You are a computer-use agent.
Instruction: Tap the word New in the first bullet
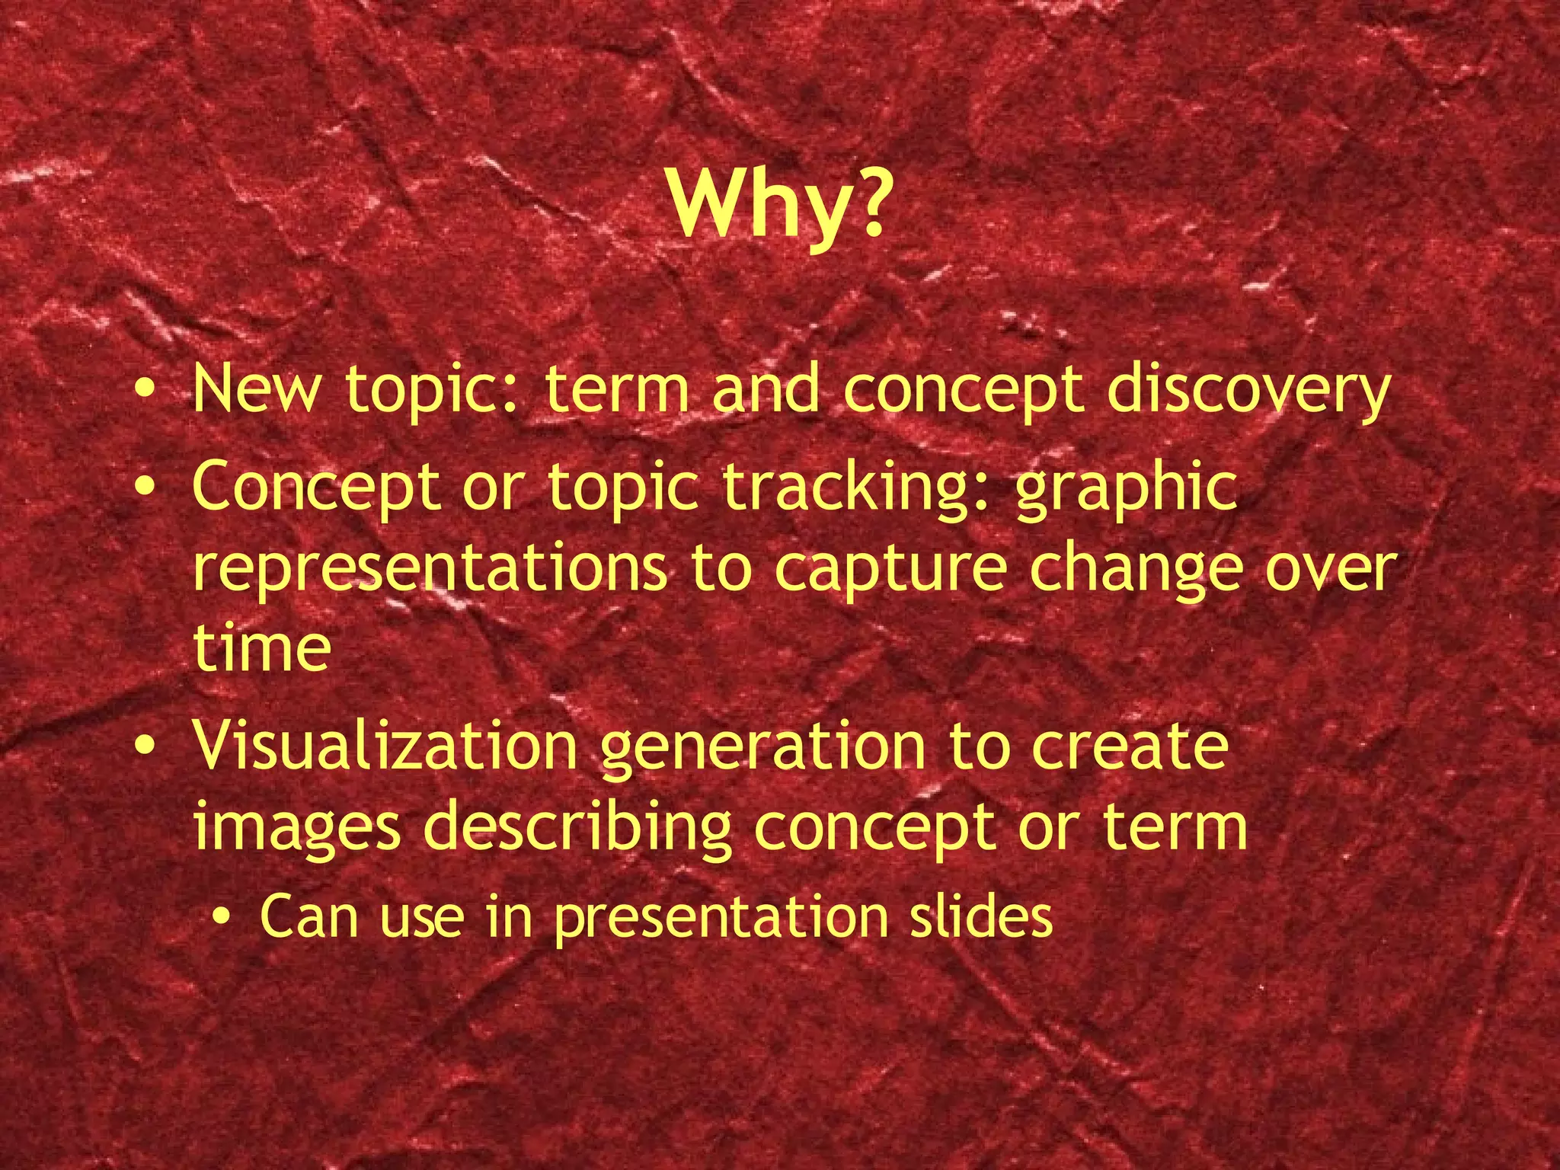pyautogui.click(x=256, y=389)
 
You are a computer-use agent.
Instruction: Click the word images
pyautogui.click(x=296, y=829)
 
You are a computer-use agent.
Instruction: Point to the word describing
pyautogui.click(x=577, y=829)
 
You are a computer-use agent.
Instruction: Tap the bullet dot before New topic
pyautogui.click(x=144, y=390)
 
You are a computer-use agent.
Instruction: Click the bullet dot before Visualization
pyautogui.click(x=144, y=746)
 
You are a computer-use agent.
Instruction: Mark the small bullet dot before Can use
pyautogui.click(x=222, y=917)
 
